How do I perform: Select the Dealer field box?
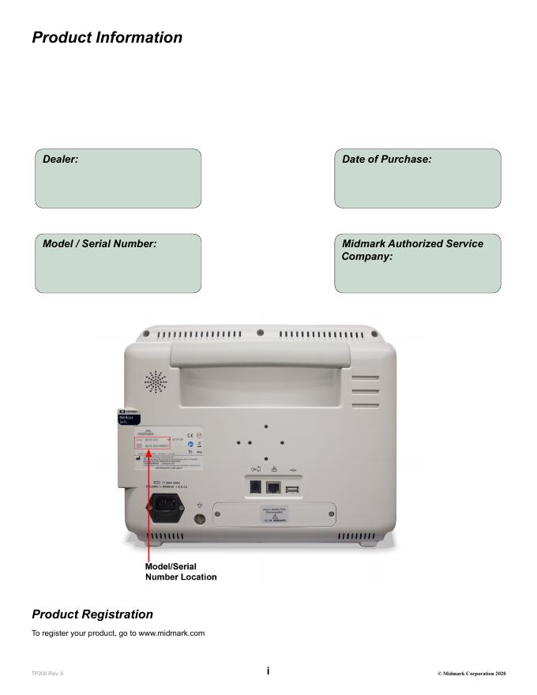(118, 178)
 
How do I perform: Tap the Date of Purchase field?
(417, 178)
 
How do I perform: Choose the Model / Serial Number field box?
(118, 263)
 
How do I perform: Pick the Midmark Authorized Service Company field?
(417, 263)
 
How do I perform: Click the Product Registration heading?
(92, 614)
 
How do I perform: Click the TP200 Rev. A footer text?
(47, 673)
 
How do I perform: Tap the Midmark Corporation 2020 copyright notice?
(471, 673)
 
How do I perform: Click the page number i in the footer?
(268, 671)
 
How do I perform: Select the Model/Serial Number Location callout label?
(181, 572)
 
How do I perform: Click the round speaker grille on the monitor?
(156, 383)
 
